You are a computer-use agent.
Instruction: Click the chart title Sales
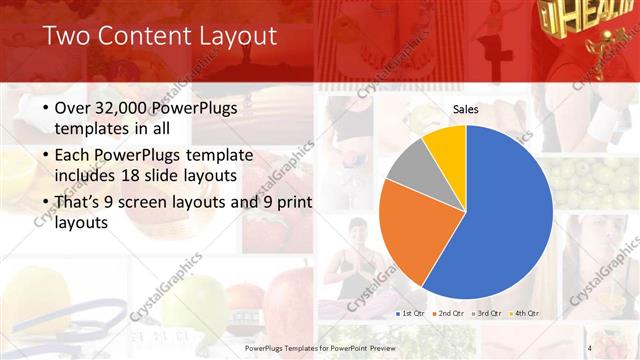[465, 108]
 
